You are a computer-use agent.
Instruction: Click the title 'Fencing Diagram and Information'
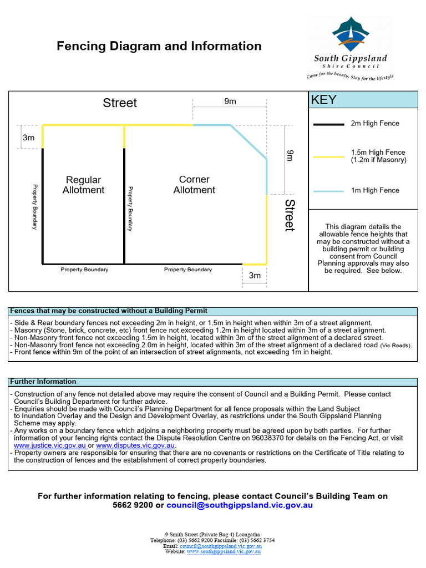[x=159, y=46]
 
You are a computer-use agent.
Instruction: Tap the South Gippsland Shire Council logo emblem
[x=351, y=34]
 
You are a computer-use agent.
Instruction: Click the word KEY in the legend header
[x=323, y=100]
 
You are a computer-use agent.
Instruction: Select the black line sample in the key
[x=328, y=124]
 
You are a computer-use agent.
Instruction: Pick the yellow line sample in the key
[x=328, y=157]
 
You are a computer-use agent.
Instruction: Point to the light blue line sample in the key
[x=328, y=191]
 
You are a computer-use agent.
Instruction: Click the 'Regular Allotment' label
[x=83, y=185]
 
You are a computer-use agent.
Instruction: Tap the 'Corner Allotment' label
[x=194, y=185]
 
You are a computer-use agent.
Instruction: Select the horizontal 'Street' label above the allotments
[x=120, y=103]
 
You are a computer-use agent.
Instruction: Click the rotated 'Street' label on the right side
[x=290, y=215]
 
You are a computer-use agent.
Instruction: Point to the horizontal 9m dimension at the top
[x=230, y=101]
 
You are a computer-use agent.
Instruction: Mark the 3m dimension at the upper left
[x=28, y=138]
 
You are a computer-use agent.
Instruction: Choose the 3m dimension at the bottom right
[x=255, y=276]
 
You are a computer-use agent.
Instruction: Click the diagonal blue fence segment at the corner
[x=249, y=143]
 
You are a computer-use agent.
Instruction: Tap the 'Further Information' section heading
[x=43, y=382]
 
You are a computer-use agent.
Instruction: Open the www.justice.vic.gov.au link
[x=50, y=445]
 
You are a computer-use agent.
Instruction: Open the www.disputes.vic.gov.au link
[x=136, y=445]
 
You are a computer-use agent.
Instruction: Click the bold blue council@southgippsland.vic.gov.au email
[x=240, y=505]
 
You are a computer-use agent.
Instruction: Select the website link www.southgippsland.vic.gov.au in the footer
[x=224, y=551]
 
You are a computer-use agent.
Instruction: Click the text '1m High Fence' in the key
[x=374, y=191]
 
